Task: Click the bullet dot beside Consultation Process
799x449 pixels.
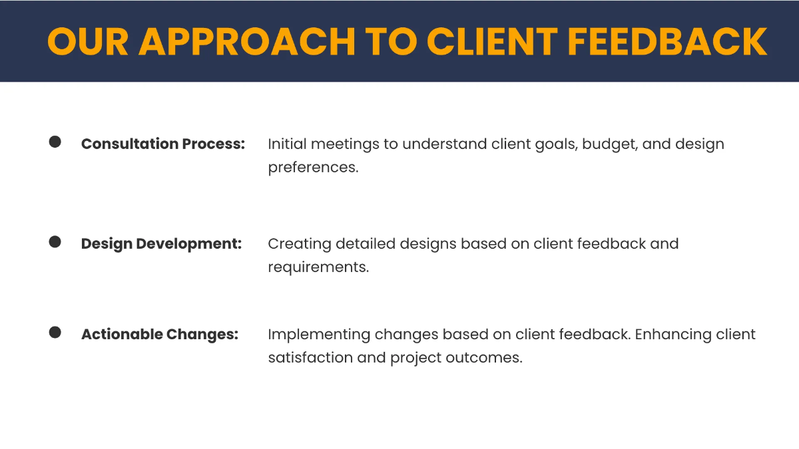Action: [55, 142]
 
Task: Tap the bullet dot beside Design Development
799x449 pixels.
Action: [55, 241]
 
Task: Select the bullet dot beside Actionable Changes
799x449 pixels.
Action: [55, 332]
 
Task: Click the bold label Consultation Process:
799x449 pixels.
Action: [163, 144]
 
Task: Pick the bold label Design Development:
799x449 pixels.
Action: [161, 243]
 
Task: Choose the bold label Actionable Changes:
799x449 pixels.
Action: [159, 334]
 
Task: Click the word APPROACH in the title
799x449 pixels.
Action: [247, 41]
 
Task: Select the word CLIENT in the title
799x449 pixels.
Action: [492, 41]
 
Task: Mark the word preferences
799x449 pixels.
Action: [313, 168]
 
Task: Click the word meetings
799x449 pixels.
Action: [344, 144]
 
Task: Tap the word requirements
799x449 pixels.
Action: [318, 267]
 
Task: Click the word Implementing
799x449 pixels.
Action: [319, 335]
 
